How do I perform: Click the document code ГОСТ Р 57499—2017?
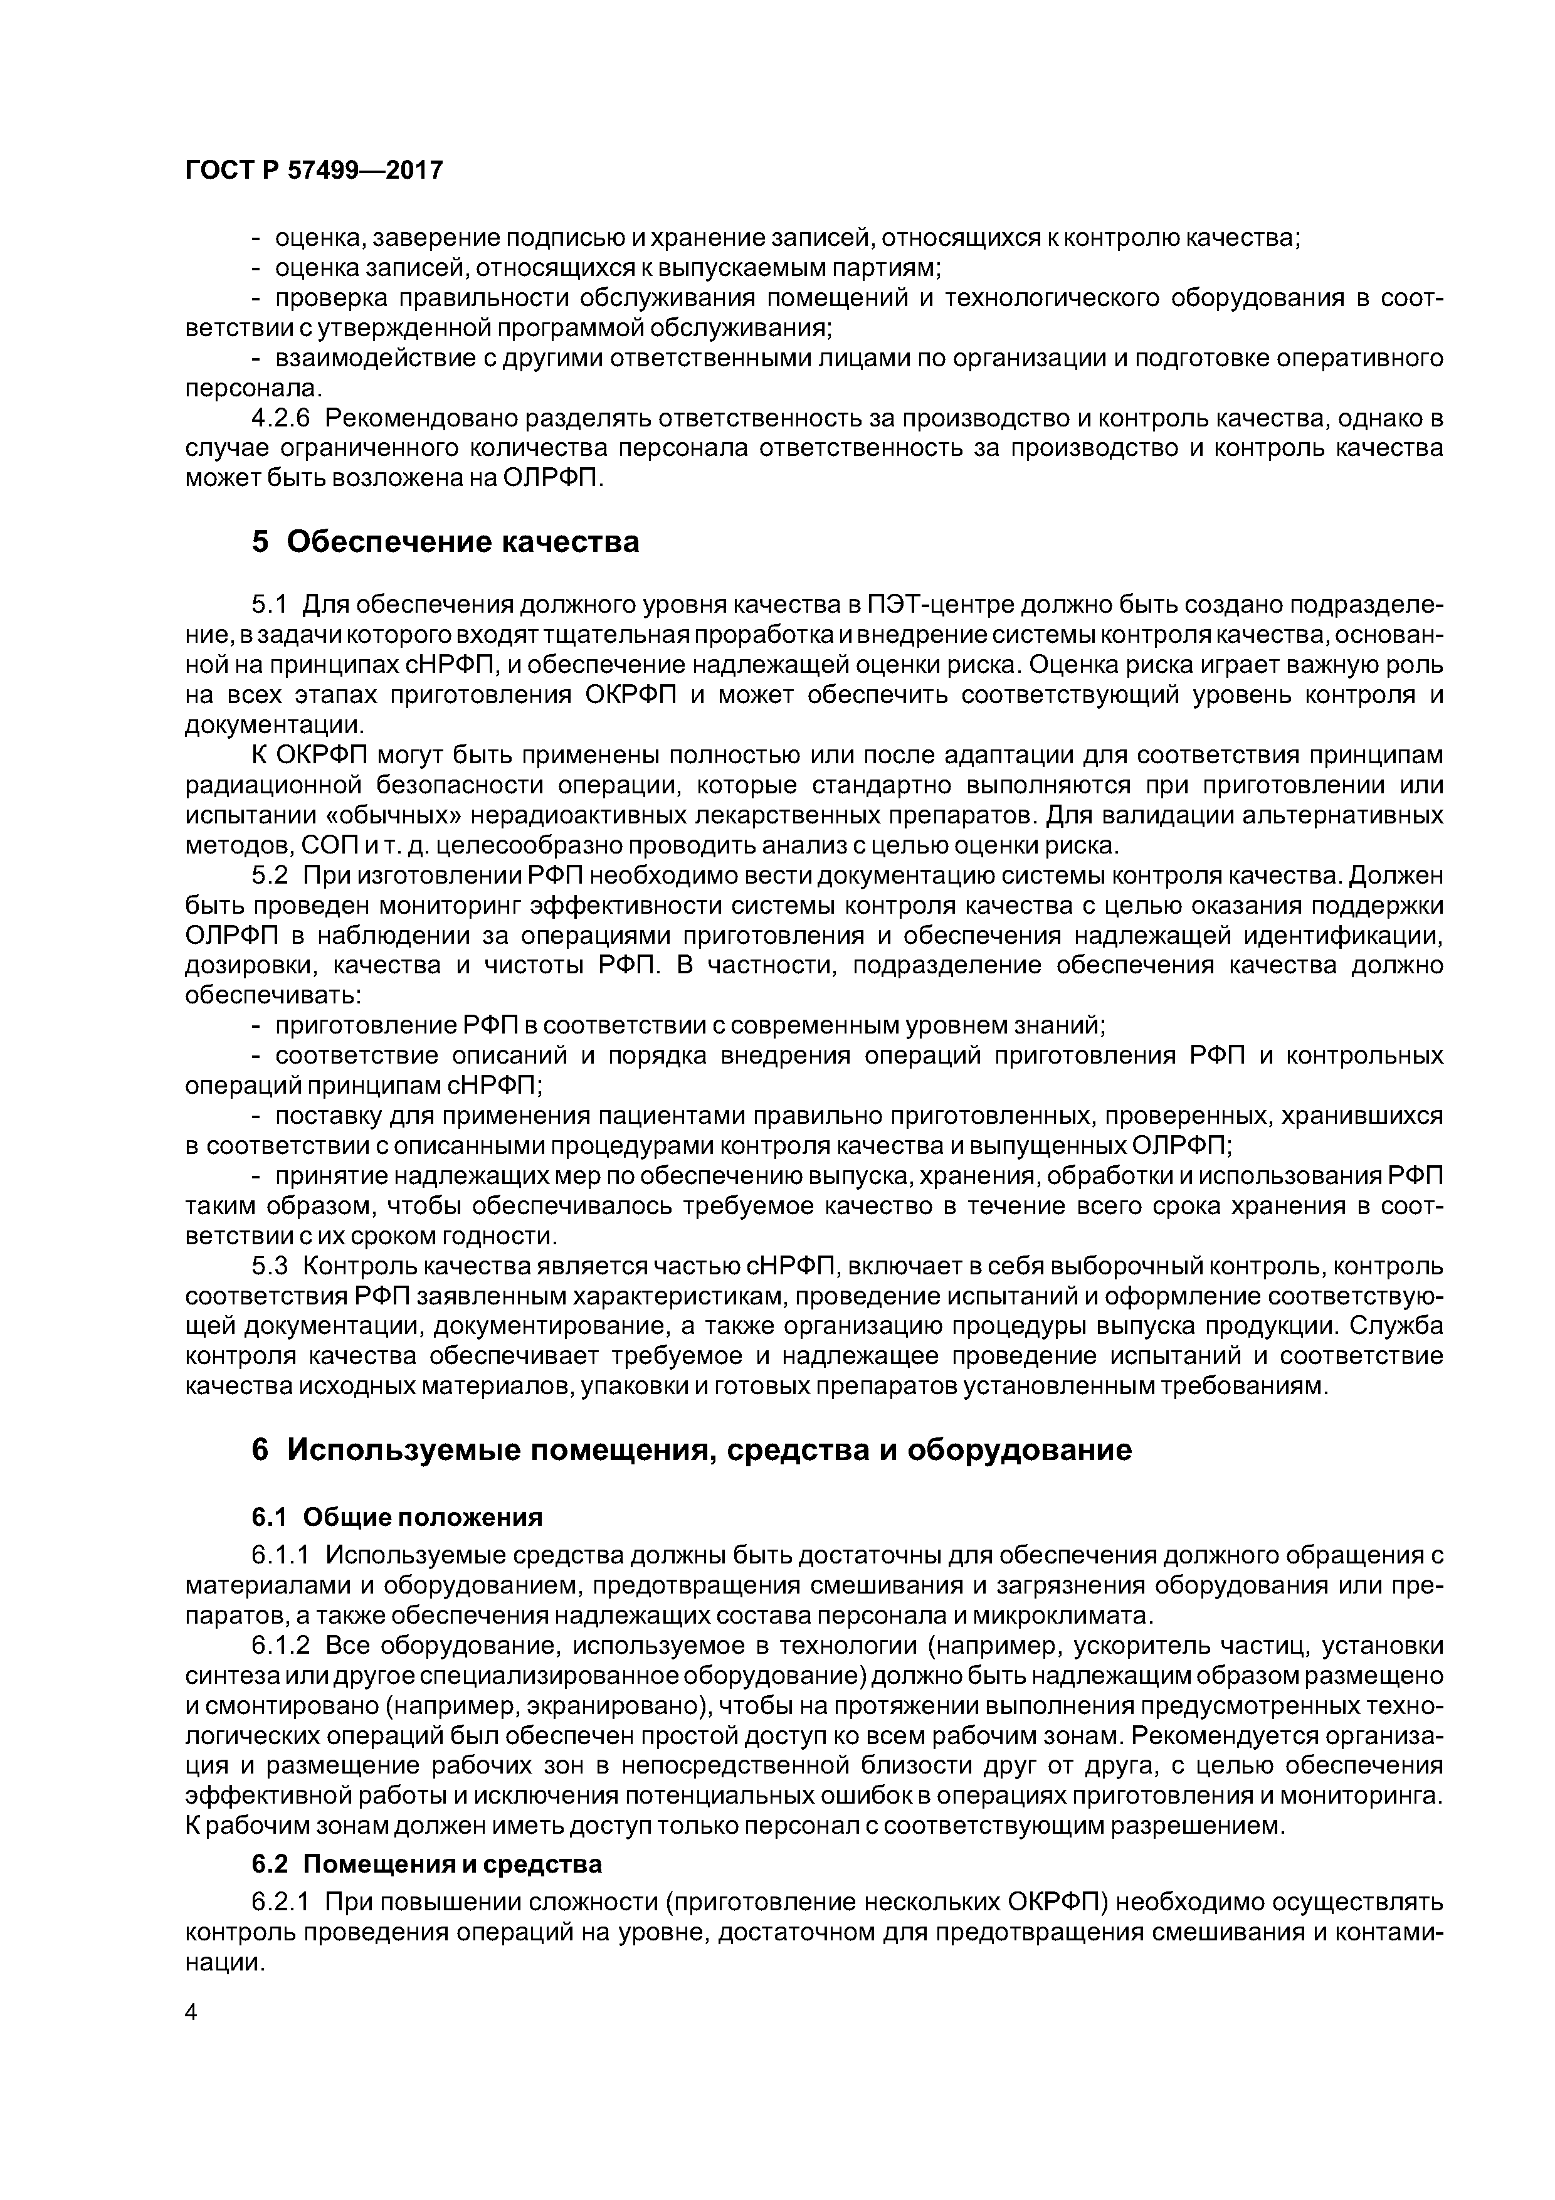314,171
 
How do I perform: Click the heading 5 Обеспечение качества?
445,542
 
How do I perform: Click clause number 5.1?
269,606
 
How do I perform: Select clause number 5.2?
269,875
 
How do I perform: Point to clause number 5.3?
269,1266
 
